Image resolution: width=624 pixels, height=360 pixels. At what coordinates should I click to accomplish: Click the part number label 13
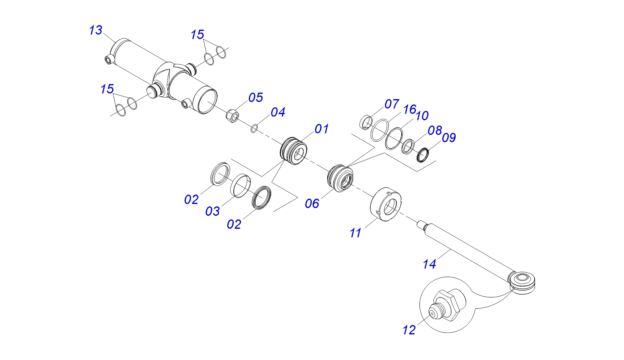tap(96, 30)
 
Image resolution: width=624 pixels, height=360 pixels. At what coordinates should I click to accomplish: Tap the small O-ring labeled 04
tap(254, 128)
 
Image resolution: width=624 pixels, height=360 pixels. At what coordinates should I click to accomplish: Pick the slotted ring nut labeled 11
tap(386, 204)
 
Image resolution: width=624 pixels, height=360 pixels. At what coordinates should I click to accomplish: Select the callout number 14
tap(429, 265)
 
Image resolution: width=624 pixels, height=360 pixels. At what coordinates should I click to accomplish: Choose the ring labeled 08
tap(408, 146)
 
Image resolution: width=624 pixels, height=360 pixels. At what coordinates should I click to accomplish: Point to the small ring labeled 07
tap(367, 122)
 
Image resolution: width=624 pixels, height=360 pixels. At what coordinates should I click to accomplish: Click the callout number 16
tap(409, 109)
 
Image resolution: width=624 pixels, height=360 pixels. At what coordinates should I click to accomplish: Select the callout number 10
tap(422, 116)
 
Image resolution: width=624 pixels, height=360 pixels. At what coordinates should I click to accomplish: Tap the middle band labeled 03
tap(241, 186)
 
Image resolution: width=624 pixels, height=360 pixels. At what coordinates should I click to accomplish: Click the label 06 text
tap(312, 204)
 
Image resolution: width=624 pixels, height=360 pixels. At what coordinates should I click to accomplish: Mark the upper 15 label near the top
tap(197, 35)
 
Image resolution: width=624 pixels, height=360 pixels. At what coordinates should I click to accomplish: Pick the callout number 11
tap(355, 233)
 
